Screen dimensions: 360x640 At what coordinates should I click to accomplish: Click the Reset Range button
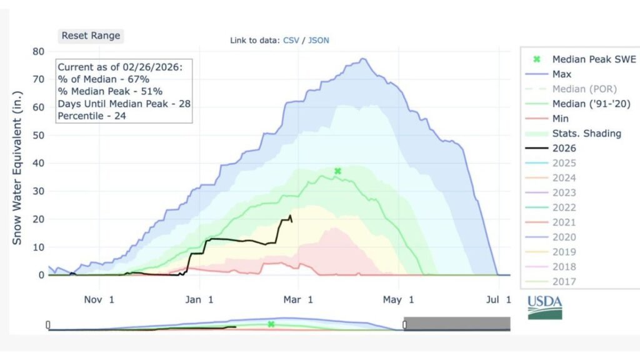coord(91,36)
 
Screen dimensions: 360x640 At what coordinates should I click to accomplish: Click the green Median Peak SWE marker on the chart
coord(337,171)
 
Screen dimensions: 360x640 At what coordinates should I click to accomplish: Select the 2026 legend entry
coord(564,148)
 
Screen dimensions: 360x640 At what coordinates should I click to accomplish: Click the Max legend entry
coord(561,74)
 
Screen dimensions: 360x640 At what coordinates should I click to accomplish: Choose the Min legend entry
coord(561,118)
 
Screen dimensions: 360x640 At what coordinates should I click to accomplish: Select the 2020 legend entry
coord(564,237)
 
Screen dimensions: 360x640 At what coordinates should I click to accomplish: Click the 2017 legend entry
coord(564,281)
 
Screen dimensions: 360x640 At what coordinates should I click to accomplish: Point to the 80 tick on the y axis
coord(38,51)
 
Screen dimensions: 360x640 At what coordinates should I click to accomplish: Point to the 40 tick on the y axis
coord(38,163)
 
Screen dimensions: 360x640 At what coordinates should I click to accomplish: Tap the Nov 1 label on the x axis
coord(98,300)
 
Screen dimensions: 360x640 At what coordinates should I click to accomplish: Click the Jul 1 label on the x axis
coord(497,300)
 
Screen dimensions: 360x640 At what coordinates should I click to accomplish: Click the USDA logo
coord(545,307)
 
